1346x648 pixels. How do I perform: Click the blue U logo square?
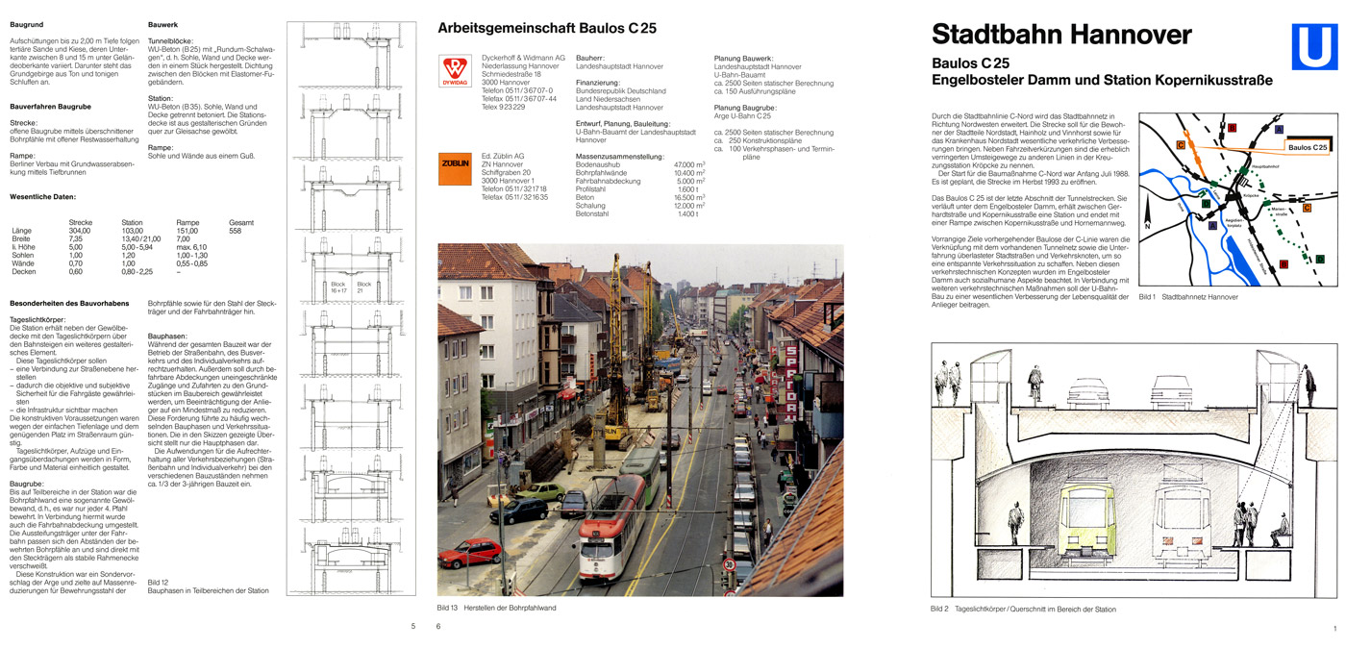pos(1313,49)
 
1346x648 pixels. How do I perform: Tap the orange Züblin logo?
pos(454,169)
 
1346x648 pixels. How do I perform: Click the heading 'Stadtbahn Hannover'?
pos(1061,37)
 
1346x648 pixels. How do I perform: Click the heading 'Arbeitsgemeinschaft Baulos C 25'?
pos(546,29)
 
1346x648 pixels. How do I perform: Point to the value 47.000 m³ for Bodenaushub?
pos(690,165)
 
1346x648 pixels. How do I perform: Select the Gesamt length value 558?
pos(236,231)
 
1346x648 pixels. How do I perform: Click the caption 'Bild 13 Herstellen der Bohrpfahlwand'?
pos(496,608)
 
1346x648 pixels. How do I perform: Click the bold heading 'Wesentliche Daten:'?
pos(42,196)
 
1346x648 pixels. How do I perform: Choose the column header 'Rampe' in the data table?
pos(187,222)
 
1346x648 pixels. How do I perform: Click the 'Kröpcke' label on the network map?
pos(1250,195)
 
